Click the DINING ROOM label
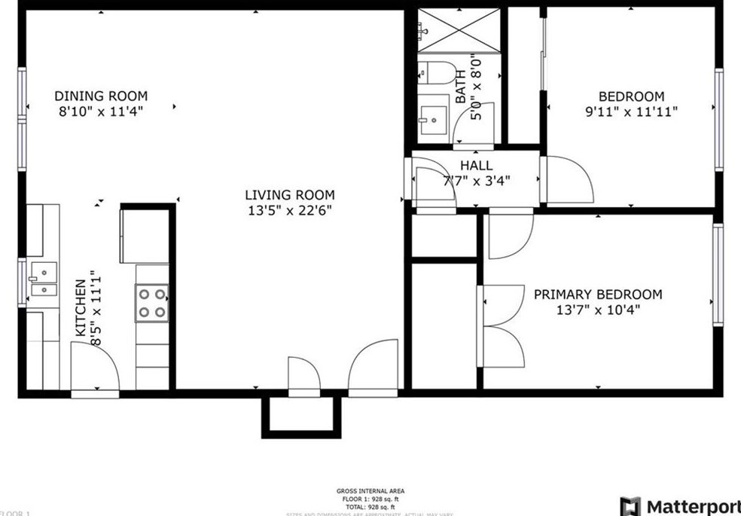point(101,96)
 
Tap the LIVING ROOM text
point(290,196)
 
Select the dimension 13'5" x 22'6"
point(290,211)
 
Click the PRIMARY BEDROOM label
point(598,295)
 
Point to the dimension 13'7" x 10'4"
point(598,310)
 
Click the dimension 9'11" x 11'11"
point(631,112)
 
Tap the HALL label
point(476,166)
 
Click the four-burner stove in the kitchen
point(151,303)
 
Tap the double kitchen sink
point(43,279)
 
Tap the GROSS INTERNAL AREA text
point(370,491)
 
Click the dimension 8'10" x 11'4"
point(101,111)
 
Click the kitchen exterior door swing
point(94,367)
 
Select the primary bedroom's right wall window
point(718,275)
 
